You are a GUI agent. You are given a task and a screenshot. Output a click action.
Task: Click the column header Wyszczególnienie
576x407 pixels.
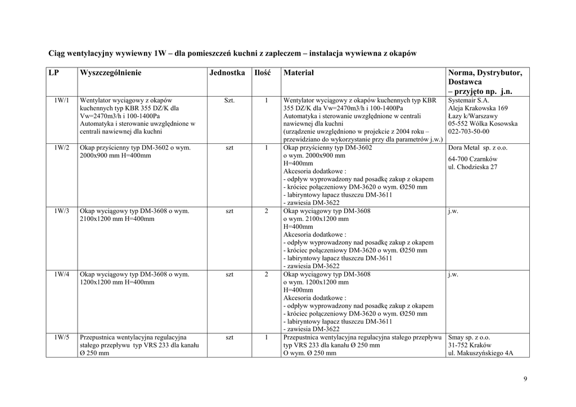[x=111, y=73]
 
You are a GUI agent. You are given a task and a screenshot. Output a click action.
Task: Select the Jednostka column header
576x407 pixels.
[x=227, y=73]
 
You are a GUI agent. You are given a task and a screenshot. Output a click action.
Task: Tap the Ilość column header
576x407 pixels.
[x=263, y=73]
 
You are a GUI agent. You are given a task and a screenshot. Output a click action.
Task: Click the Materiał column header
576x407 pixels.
[x=299, y=73]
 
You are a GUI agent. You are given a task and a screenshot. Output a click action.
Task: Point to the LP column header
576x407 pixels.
[x=54, y=73]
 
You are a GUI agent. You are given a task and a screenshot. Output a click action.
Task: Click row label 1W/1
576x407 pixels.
[x=62, y=100]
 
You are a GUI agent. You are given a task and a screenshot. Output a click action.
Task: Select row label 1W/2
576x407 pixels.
[x=62, y=148]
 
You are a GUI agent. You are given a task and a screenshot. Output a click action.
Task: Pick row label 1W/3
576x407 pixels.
[x=62, y=211]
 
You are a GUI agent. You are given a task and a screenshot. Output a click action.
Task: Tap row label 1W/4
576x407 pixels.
[x=62, y=275]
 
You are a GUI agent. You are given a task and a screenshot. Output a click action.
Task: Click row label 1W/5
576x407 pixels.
[x=62, y=338]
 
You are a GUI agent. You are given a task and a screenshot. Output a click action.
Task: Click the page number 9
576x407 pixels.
[x=525, y=379]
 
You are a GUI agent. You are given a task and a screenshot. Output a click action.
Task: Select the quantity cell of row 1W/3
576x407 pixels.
[x=266, y=211]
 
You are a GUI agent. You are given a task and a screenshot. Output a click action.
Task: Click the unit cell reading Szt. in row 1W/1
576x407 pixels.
[x=229, y=100]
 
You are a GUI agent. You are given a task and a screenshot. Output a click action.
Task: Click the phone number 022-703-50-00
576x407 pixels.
[x=469, y=132]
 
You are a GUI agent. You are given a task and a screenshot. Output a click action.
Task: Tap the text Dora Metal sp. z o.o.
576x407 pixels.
[x=478, y=148]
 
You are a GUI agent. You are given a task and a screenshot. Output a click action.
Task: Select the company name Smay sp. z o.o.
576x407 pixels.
[x=469, y=338]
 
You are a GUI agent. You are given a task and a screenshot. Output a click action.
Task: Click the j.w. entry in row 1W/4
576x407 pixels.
[x=453, y=275]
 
